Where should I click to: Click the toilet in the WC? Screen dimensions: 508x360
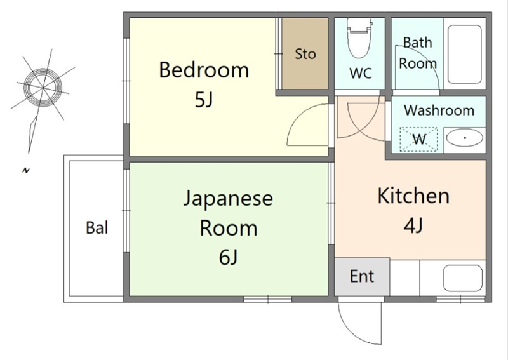pyautogui.click(x=359, y=37)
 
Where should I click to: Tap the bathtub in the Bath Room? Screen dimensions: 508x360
pyautogui.click(x=464, y=55)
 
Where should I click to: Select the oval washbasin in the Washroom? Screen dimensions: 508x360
pyautogui.click(x=465, y=138)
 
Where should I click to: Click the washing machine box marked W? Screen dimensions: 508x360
pyautogui.click(x=418, y=139)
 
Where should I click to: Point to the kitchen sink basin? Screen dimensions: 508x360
pyautogui.click(x=462, y=278)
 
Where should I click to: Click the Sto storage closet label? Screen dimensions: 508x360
pyautogui.click(x=305, y=54)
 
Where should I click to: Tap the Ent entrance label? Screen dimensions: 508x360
pyautogui.click(x=362, y=276)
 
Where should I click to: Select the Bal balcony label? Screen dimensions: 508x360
pyautogui.click(x=97, y=227)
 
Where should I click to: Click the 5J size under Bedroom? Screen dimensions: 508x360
pyautogui.click(x=204, y=100)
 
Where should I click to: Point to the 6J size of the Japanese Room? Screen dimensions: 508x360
pyautogui.click(x=228, y=258)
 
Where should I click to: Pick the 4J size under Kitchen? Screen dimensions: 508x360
pyautogui.click(x=413, y=225)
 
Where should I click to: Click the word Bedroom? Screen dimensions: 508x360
pyautogui.click(x=204, y=70)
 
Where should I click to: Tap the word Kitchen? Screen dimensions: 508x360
pyautogui.click(x=413, y=196)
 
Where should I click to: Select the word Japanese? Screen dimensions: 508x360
pyautogui.click(x=228, y=198)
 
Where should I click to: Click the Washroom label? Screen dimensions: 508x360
pyautogui.click(x=439, y=110)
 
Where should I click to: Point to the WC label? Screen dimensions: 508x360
pyautogui.click(x=361, y=73)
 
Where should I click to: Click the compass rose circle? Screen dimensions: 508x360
pyautogui.click(x=43, y=88)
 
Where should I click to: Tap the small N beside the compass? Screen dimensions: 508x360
pyautogui.click(x=26, y=170)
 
